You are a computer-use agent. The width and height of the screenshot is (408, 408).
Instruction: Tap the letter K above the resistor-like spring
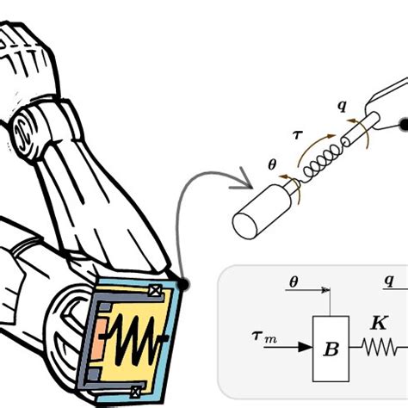coord(378,325)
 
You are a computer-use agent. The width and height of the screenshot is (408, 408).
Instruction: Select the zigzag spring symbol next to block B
coord(378,348)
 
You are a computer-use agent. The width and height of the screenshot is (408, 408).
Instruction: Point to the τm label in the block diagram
coord(263,336)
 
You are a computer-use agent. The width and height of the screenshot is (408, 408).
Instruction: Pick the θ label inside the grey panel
coord(293,281)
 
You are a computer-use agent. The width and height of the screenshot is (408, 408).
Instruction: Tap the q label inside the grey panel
coord(388,281)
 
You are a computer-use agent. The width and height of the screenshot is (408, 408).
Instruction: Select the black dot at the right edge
coord(403,126)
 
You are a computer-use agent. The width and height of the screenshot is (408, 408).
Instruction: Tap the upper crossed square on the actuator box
coord(155,291)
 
